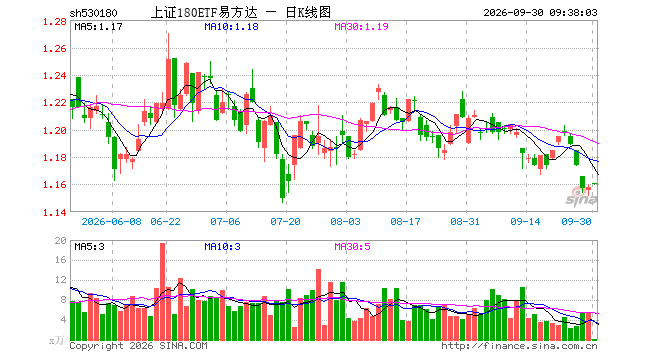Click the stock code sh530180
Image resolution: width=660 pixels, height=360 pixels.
(x=93, y=13)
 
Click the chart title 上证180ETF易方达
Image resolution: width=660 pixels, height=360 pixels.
(x=204, y=13)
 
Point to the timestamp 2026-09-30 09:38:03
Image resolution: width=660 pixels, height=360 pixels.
(x=540, y=13)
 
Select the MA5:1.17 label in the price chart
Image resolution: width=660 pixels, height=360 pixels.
(x=98, y=27)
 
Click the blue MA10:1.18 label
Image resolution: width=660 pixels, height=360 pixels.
(x=232, y=27)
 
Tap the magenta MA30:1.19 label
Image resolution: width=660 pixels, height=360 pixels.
(x=362, y=27)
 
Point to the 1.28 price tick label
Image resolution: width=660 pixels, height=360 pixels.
(x=55, y=22)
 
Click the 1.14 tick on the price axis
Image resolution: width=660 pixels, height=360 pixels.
(x=55, y=213)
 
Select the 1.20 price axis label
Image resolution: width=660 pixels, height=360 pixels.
(x=55, y=131)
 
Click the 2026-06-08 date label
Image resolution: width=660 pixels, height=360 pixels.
(x=112, y=221)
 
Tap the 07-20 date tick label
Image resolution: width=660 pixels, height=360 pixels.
(x=285, y=221)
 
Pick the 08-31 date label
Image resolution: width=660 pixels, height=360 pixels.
(x=465, y=221)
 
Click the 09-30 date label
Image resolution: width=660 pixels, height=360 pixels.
(x=576, y=221)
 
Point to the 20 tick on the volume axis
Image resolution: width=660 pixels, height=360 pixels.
(x=61, y=240)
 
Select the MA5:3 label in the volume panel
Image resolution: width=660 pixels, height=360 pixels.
(x=90, y=246)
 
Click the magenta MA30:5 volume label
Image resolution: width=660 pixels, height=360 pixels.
(x=353, y=246)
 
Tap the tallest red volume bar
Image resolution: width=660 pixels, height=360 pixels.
(x=162, y=291)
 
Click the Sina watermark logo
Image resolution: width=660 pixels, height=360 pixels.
(x=581, y=197)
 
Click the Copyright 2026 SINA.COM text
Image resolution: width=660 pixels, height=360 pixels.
(x=138, y=346)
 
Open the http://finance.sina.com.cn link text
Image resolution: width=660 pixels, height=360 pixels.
(x=519, y=346)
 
